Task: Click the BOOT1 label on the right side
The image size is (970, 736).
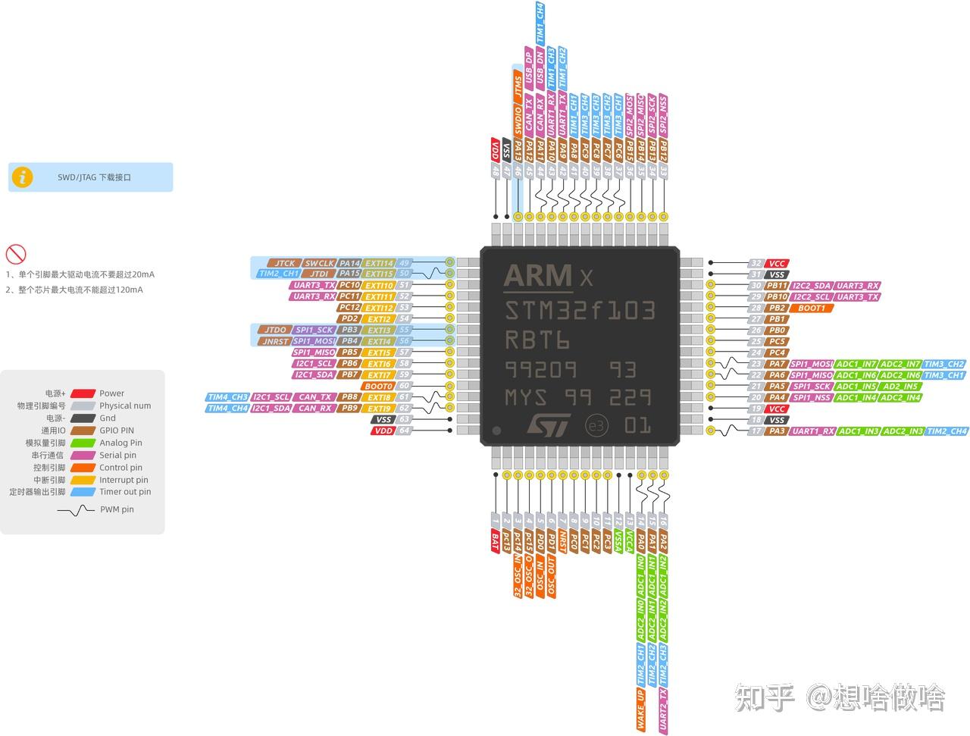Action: click(811, 308)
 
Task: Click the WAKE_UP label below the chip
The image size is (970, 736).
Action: click(641, 709)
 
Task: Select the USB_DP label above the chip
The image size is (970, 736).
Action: click(529, 67)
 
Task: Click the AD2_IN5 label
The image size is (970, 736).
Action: click(900, 386)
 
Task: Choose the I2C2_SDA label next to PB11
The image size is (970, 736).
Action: click(812, 286)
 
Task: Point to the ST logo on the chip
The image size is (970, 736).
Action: click(547, 425)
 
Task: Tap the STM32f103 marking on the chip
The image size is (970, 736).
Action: click(580, 311)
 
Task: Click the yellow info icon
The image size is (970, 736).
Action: click(24, 177)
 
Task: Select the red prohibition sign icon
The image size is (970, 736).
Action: click(16, 254)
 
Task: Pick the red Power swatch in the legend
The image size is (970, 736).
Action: click(83, 393)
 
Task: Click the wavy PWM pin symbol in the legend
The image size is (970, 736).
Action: click(76, 510)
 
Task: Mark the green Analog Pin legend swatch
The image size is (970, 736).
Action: click(83, 443)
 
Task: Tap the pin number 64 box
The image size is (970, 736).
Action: click(405, 431)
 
